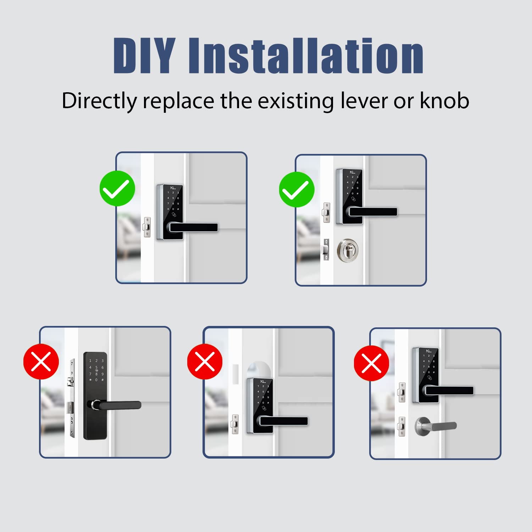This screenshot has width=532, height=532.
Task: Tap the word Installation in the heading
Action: (x=306, y=56)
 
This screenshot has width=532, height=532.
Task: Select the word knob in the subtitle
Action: (x=444, y=101)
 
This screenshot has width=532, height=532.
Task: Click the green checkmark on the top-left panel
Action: (x=117, y=188)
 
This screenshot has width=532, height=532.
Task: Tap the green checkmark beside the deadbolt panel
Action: (x=297, y=190)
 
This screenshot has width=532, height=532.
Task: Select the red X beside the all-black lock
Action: (x=41, y=361)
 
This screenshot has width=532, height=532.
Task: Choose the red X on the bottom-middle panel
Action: (x=205, y=361)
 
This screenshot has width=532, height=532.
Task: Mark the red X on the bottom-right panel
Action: (x=371, y=363)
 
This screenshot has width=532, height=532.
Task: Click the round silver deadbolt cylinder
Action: (x=348, y=250)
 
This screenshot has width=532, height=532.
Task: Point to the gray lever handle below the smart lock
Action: (x=436, y=426)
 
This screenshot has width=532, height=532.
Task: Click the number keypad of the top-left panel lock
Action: (x=173, y=201)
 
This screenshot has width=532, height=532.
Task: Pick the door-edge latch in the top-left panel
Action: (x=147, y=227)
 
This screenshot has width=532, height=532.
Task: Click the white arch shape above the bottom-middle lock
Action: (x=259, y=369)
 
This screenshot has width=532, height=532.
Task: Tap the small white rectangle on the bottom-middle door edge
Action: (x=234, y=371)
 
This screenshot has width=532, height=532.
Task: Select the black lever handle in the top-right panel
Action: (x=372, y=212)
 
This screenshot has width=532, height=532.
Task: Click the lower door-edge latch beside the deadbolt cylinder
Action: (x=326, y=249)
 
